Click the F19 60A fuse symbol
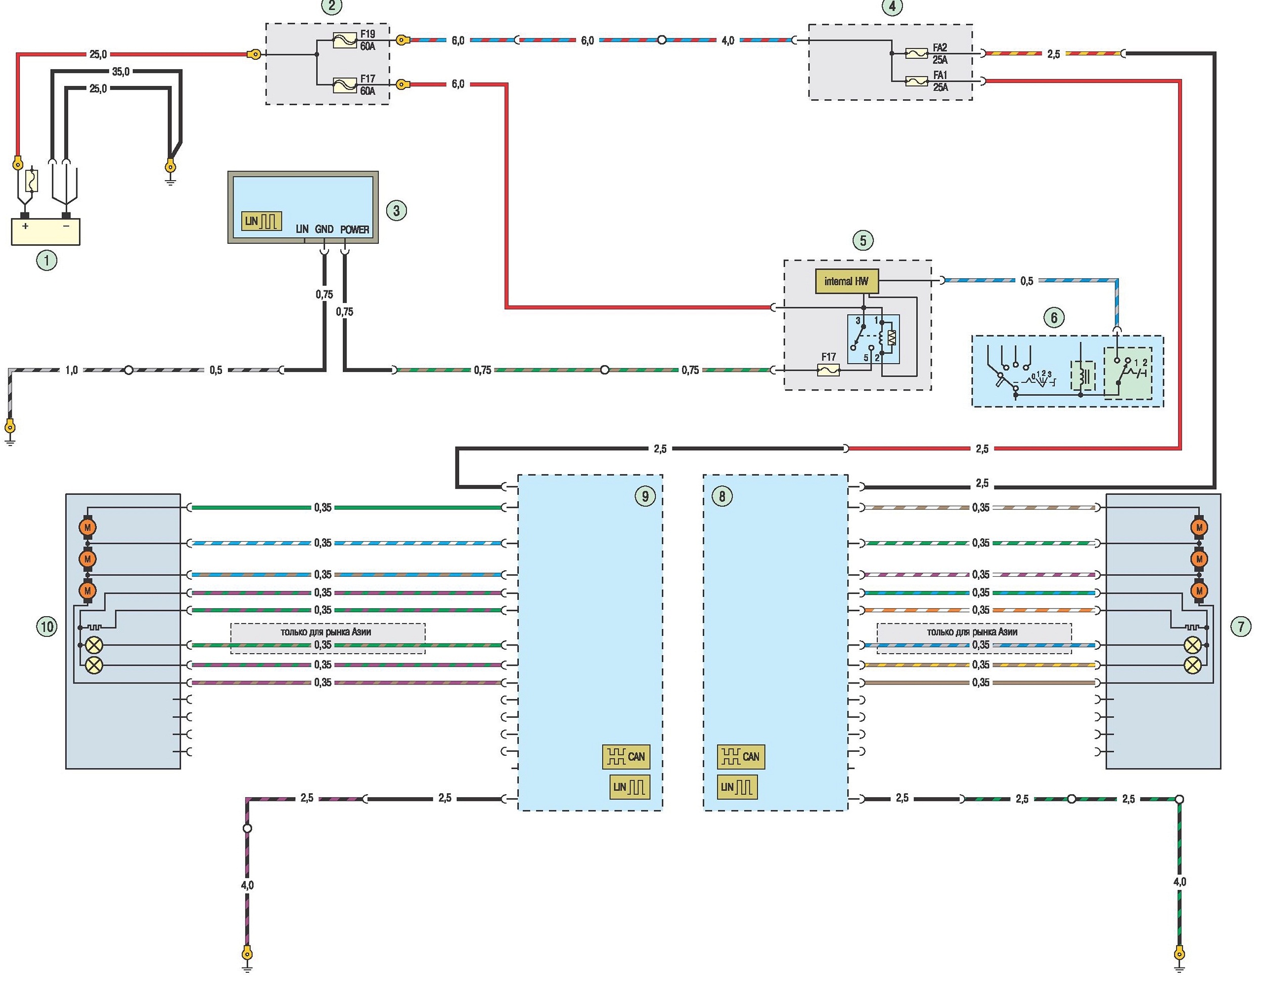pos(345,40)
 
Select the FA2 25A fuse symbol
pos(917,53)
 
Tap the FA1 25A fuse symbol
pos(917,81)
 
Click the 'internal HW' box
pos(846,281)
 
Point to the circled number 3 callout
pos(396,210)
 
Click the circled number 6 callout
pos(1053,317)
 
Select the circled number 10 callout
pos(47,626)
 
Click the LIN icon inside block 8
pos(737,787)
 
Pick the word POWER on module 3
pos(354,229)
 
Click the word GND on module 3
pos(324,229)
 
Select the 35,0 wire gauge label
pos(120,72)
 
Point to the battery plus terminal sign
pos(25,226)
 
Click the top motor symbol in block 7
pos(1199,528)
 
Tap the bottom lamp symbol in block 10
pos(93,665)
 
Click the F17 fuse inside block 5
pos(828,370)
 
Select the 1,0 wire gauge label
pos(71,370)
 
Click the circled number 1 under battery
pos(47,261)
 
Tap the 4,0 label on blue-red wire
pos(728,40)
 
